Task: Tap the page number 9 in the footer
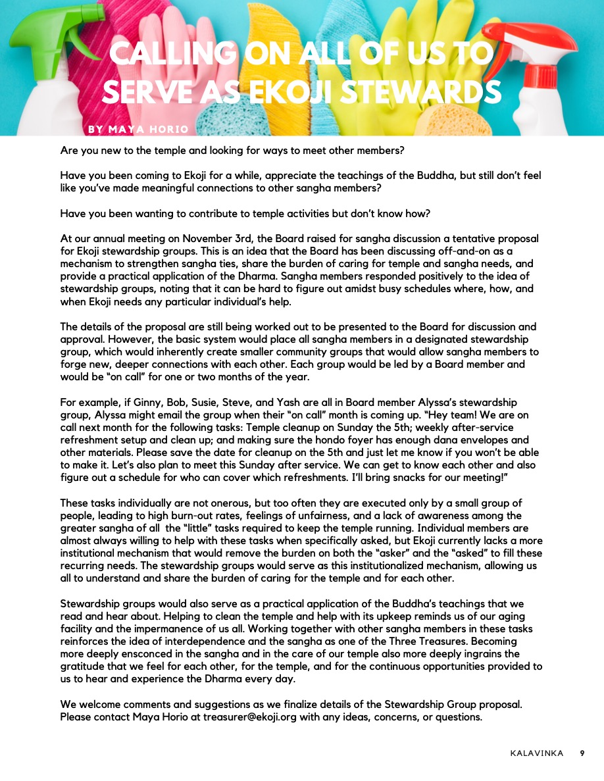click(582, 753)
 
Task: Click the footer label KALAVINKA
click(537, 753)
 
